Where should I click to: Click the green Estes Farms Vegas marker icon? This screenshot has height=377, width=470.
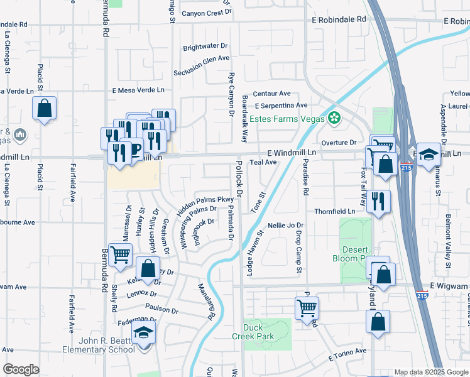[x=334, y=118]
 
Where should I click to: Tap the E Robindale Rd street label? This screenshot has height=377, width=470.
[x=339, y=20]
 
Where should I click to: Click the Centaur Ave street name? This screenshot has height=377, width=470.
[x=271, y=93]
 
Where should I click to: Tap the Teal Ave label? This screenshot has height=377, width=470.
[x=263, y=162]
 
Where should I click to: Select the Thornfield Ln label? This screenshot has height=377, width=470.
[x=335, y=211]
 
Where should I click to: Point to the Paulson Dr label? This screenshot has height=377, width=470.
[x=162, y=310]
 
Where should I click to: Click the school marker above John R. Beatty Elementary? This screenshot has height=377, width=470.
[x=144, y=332]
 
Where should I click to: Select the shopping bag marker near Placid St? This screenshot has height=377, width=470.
[x=45, y=108]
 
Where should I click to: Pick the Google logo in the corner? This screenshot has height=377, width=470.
[x=21, y=369]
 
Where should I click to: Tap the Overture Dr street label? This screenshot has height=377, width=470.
[x=339, y=143]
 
